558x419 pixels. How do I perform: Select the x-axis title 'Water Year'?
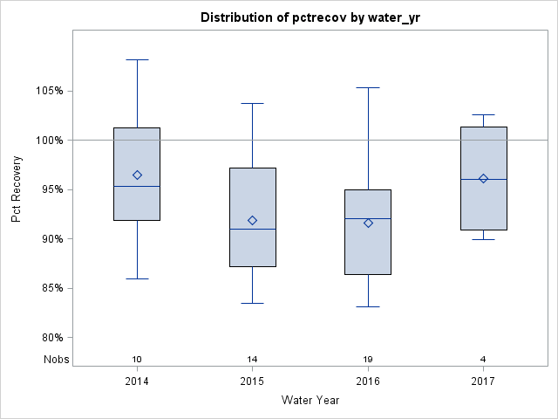tap(310, 400)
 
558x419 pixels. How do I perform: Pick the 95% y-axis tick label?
tap(50, 189)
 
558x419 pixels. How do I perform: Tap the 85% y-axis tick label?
tap(50, 288)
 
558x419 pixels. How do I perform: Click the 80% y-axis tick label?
tap(50, 338)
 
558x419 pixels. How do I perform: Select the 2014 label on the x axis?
tap(137, 381)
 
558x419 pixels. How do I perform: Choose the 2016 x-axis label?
tap(368, 381)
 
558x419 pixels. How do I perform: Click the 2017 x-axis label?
tap(483, 381)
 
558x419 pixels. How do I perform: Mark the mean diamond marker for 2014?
tap(137, 175)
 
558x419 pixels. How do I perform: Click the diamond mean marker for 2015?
tap(253, 220)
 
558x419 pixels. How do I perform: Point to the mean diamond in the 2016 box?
tap(368, 223)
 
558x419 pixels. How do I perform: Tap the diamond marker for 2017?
tap(483, 179)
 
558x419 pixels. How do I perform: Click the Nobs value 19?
tap(368, 360)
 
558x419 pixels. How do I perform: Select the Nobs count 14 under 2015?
tap(253, 360)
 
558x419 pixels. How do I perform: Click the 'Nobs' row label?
tap(54, 360)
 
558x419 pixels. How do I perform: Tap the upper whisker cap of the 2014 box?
tap(137, 60)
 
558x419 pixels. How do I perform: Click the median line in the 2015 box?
tap(253, 229)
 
